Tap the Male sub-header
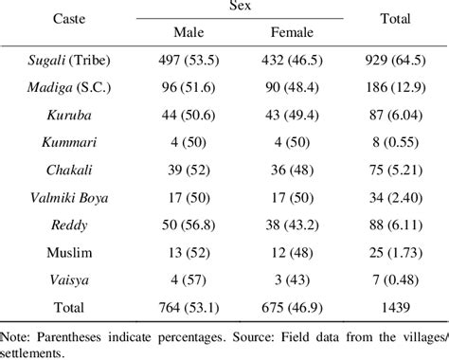click(189, 32)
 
